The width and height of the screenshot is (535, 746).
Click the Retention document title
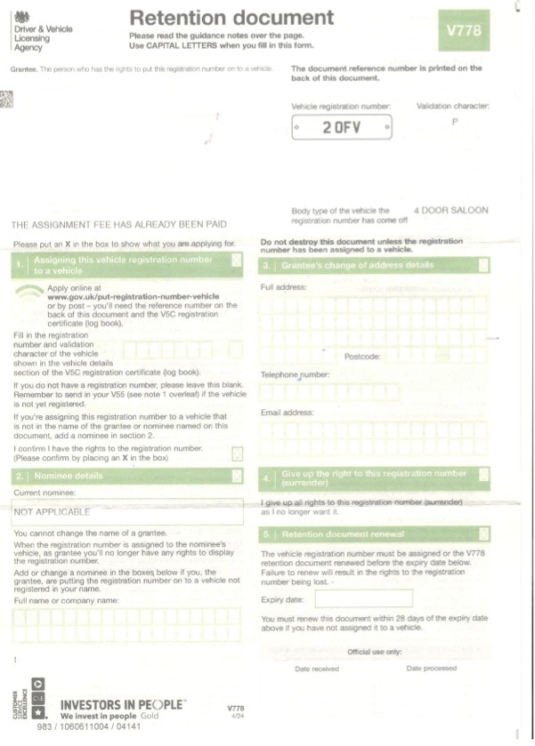pos(231,17)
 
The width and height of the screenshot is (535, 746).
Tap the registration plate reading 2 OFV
pos(342,127)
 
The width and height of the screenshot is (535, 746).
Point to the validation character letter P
pos(455,122)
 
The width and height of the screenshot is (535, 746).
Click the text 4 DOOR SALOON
pos(451,211)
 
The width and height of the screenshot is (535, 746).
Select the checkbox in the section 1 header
pos(236,261)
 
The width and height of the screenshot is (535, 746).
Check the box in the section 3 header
pos(483,265)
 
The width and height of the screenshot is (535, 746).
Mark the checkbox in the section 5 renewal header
pos(483,534)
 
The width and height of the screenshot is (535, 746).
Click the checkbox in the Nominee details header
pos(236,476)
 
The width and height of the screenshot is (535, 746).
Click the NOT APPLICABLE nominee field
pos(127,512)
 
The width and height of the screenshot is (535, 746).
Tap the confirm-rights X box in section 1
pos(236,453)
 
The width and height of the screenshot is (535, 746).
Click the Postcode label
pos(361,356)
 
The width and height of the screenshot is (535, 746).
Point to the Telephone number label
pos(295,374)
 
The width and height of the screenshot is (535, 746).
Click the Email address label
pos(287,413)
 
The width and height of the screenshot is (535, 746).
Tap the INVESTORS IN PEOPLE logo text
pos(122,704)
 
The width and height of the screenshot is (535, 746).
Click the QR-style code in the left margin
pos(6,99)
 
